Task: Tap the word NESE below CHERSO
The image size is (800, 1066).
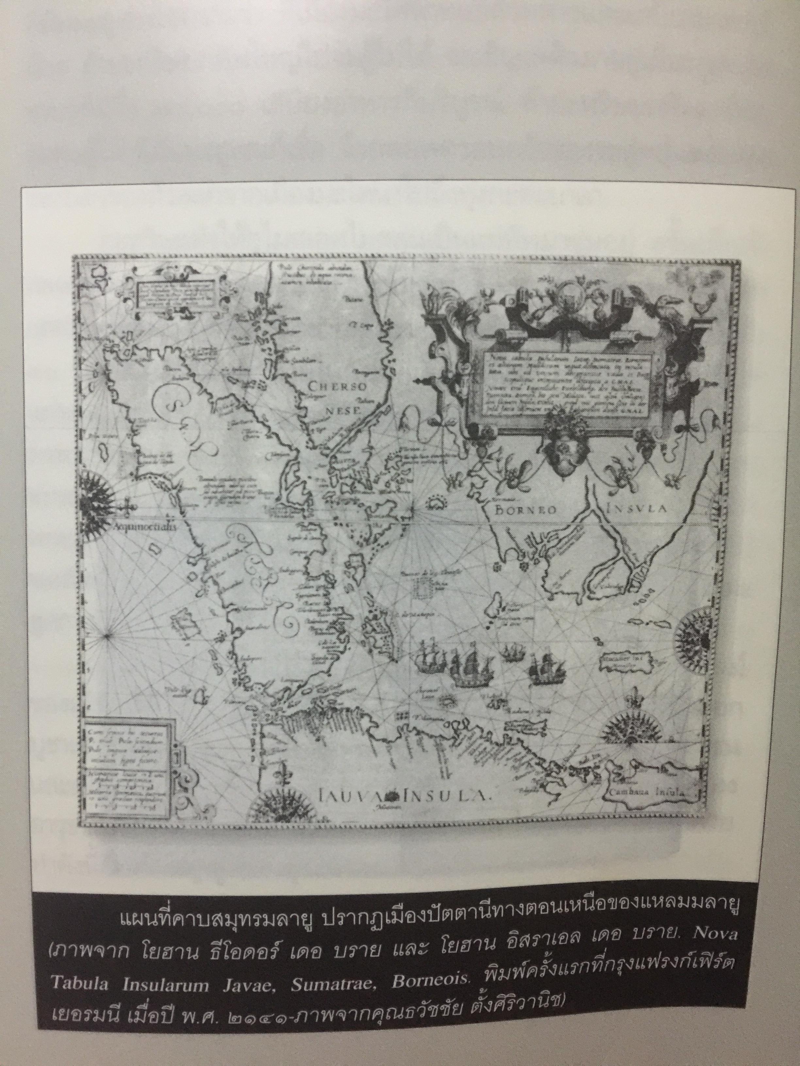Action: [344, 411]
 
